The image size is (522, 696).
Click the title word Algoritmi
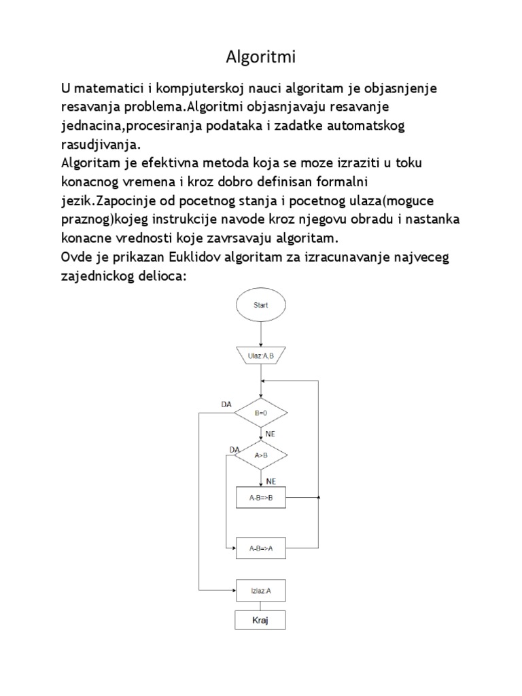click(x=261, y=58)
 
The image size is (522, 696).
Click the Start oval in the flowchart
click(x=261, y=305)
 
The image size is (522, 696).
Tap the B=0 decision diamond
click(x=261, y=413)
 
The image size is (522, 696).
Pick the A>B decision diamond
click(x=261, y=457)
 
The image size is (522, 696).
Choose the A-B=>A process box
click(x=261, y=549)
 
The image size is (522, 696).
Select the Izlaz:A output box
click(x=261, y=590)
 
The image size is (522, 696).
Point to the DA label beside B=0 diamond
click(x=226, y=404)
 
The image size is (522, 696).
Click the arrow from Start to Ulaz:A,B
click(x=261, y=335)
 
